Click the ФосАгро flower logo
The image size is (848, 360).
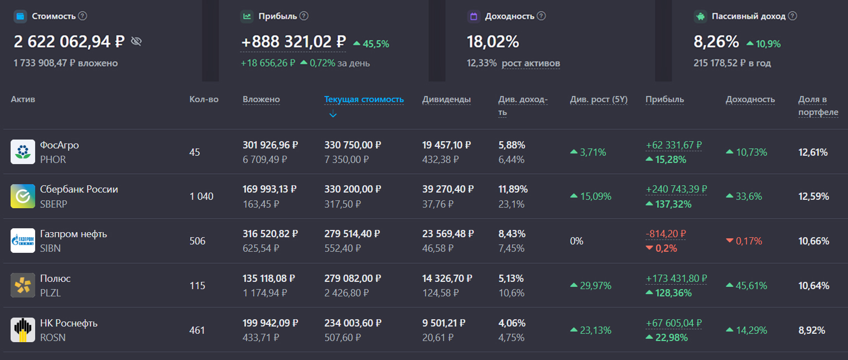(x=23, y=152)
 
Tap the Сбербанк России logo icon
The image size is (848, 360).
(x=23, y=196)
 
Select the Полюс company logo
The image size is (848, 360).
(x=23, y=285)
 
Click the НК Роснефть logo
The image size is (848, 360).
(x=23, y=330)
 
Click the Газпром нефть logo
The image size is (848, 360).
(x=23, y=241)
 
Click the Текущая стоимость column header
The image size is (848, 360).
(x=364, y=100)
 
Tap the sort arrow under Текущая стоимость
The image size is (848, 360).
(x=333, y=115)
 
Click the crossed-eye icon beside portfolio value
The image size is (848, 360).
(x=136, y=41)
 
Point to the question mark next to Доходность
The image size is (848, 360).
(x=541, y=16)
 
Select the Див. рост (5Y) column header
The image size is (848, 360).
(x=599, y=100)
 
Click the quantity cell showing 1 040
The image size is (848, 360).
(x=201, y=196)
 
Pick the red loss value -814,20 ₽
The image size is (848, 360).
(x=666, y=234)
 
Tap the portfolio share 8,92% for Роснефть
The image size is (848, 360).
(x=812, y=330)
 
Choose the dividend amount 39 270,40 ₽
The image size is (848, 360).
(x=446, y=189)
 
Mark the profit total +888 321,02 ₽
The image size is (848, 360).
(x=293, y=42)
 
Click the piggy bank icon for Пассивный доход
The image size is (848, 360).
(x=700, y=16)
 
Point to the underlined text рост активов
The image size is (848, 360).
(x=531, y=64)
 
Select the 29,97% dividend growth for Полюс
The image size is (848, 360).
(x=595, y=286)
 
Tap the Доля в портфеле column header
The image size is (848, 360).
(x=818, y=106)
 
